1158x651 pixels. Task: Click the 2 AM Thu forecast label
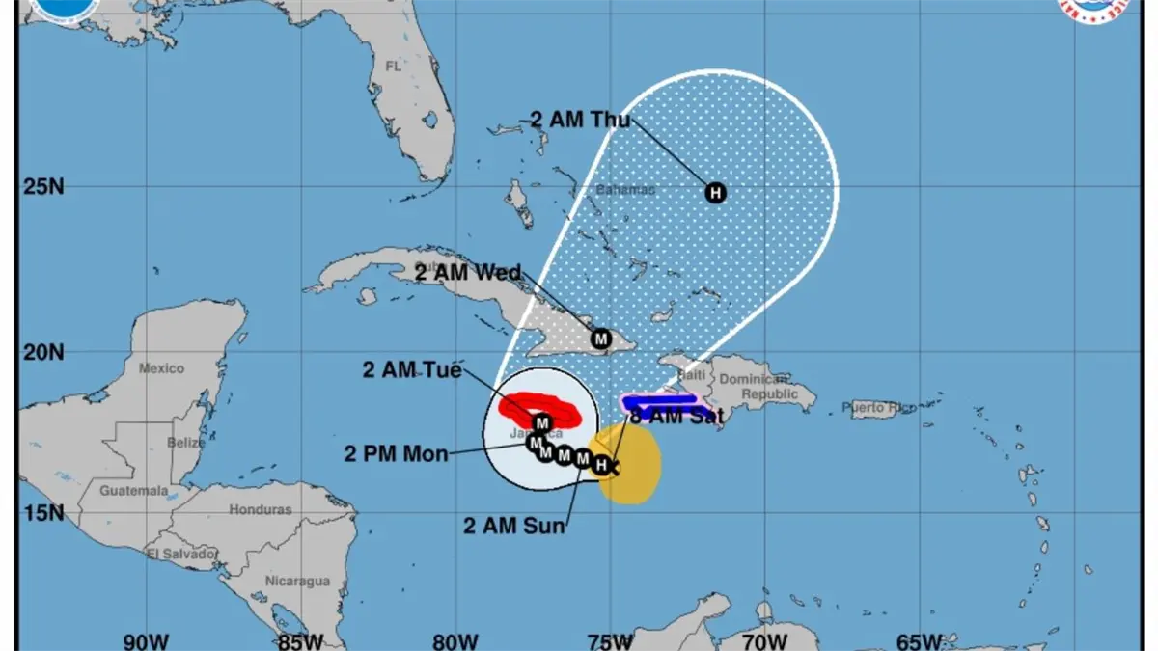coord(580,120)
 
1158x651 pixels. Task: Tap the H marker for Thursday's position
coord(715,192)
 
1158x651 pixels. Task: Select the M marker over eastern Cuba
coord(601,339)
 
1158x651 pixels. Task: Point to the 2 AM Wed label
coord(468,272)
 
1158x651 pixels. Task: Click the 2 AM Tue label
coord(412,369)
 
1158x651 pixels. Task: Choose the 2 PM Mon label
coord(396,452)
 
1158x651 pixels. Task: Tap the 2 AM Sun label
coord(513,526)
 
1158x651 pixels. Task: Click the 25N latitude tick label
coord(43,185)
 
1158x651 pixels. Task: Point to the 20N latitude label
coord(43,353)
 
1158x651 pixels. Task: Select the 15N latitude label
coord(43,511)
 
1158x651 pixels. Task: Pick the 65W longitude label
coord(919,640)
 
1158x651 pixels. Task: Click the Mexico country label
coord(161,367)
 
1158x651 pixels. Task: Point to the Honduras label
coord(261,509)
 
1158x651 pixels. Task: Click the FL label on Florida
coord(393,67)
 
